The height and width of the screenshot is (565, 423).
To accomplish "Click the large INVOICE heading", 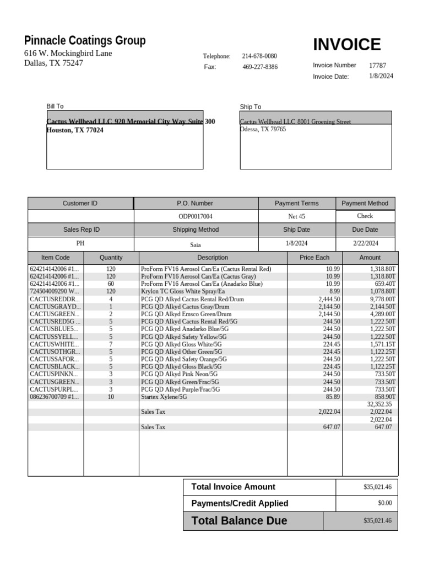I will click(346, 45).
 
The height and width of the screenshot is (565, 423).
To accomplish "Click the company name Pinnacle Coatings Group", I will click(85, 40).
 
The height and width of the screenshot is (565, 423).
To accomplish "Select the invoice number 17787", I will click(377, 65).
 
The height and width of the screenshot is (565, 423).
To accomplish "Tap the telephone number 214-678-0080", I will click(259, 56).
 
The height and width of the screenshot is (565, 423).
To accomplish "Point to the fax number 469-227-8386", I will click(260, 67).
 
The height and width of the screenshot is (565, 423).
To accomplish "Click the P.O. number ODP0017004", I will click(195, 217).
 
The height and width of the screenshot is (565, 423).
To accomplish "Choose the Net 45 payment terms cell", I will click(296, 217).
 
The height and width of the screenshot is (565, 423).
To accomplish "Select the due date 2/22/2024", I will click(365, 243).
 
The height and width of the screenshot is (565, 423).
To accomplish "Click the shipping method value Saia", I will click(196, 244).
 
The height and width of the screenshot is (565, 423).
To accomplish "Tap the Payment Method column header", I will click(365, 203).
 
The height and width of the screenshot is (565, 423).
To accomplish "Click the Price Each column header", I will click(314, 257).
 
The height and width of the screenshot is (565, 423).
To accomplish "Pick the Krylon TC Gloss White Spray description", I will click(183, 291).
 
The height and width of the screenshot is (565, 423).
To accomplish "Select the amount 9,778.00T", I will click(382, 299).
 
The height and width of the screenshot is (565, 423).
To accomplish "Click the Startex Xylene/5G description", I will click(164, 397).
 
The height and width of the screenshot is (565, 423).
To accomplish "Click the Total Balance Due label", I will click(239, 521).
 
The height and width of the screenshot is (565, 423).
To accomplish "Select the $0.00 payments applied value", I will click(385, 503).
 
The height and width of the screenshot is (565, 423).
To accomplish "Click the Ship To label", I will click(251, 106).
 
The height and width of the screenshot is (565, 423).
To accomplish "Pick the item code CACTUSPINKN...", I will click(55, 374).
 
